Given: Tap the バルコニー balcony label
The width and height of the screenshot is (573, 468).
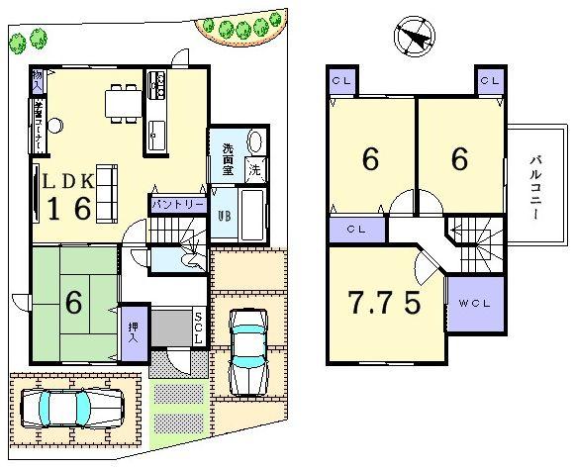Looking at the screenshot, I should tap(533, 187).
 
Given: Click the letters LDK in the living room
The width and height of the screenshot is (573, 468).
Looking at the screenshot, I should tap(68, 180).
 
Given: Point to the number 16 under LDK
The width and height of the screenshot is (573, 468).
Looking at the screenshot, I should tap(70, 209).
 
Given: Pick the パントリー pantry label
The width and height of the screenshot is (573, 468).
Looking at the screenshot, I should tap(178, 204).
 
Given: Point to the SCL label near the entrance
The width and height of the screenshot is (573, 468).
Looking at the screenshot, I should tap(198, 327).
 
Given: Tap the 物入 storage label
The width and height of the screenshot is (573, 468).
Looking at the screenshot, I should tap(38, 79).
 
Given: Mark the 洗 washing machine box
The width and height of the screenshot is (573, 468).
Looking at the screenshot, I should tap(255, 168).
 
